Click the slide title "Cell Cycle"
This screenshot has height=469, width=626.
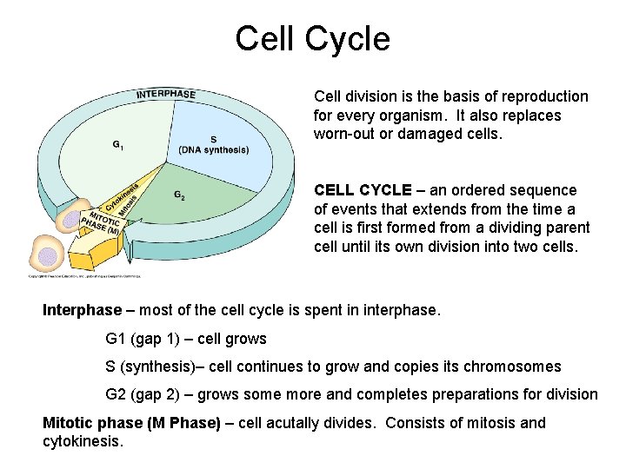point(312,39)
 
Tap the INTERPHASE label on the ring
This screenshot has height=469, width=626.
point(165,94)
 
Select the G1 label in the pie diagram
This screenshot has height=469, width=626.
point(117,145)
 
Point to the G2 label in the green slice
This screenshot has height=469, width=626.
point(179,196)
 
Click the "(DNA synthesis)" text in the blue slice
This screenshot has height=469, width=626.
point(213,150)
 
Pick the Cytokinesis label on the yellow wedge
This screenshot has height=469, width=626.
point(121,196)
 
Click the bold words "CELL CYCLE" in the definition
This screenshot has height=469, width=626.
point(363,189)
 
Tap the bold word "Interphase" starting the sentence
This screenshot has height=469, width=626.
point(83,310)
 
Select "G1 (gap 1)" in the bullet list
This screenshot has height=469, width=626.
point(143,339)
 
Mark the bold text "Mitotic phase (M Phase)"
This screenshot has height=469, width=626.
point(130,423)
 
